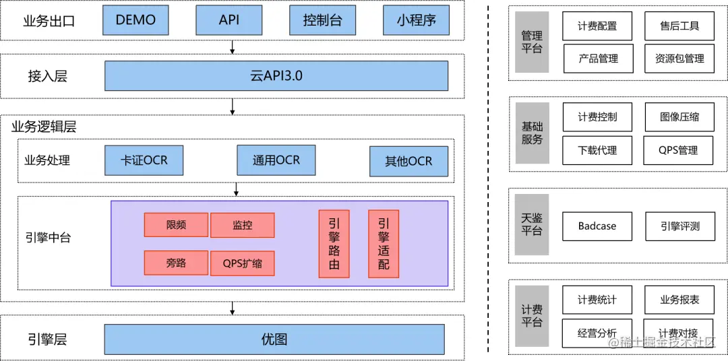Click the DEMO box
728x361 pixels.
pyautogui.click(x=135, y=20)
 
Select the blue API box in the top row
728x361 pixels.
pyautogui.click(x=229, y=20)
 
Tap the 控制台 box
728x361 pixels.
pyautogui.click(x=322, y=20)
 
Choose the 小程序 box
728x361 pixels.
pyautogui.click(x=415, y=20)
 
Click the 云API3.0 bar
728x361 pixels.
pyautogui.click(x=276, y=75)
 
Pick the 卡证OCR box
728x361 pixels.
pyautogui.click(x=144, y=161)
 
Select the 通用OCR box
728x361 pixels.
pyautogui.click(x=276, y=160)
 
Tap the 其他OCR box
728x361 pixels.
pyautogui.click(x=408, y=162)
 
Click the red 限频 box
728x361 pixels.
pyautogui.click(x=176, y=225)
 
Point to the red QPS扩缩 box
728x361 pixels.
pyautogui.click(x=243, y=263)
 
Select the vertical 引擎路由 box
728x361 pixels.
pyautogui.click(x=334, y=243)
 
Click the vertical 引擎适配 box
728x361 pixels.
pyautogui.click(x=383, y=243)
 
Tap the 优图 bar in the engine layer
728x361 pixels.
pyautogui.click(x=274, y=339)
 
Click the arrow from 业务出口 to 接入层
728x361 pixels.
pyautogui.click(x=233, y=46)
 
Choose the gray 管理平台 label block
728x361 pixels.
pyautogui.click(x=532, y=42)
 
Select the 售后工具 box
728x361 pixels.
pyautogui.click(x=679, y=26)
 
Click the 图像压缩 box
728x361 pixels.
pyautogui.click(x=679, y=117)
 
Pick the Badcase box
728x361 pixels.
pyautogui.click(x=597, y=226)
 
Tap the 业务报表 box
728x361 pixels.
pyautogui.click(x=679, y=300)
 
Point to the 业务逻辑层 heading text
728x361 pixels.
pyautogui.click(x=44, y=126)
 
